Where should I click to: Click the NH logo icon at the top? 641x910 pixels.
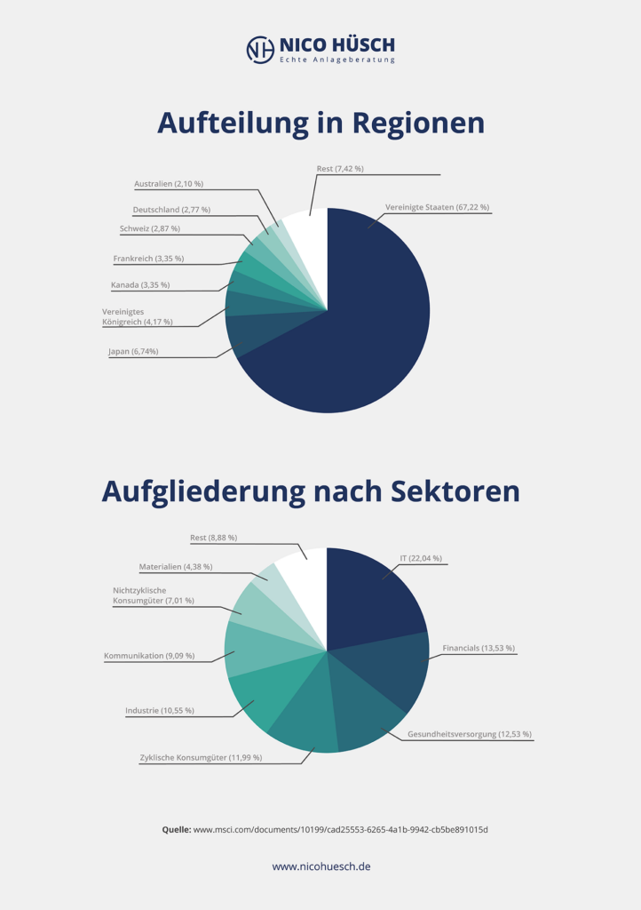point(259,49)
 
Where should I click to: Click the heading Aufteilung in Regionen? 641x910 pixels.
point(320,123)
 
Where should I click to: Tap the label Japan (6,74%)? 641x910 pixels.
point(133,351)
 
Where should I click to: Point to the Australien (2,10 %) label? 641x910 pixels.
point(169,184)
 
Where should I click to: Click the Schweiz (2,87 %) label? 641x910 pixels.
point(149,228)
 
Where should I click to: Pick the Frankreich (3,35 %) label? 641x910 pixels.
point(148,259)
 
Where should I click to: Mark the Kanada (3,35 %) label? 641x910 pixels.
point(140,285)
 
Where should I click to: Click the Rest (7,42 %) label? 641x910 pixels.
point(340,168)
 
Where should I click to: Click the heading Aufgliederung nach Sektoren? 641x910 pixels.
point(311,491)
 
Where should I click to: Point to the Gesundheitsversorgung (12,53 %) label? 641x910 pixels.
point(470,734)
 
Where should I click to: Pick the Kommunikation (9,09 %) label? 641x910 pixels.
point(148,656)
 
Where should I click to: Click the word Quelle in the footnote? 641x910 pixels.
point(176,829)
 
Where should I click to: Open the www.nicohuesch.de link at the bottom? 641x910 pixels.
point(320,866)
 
